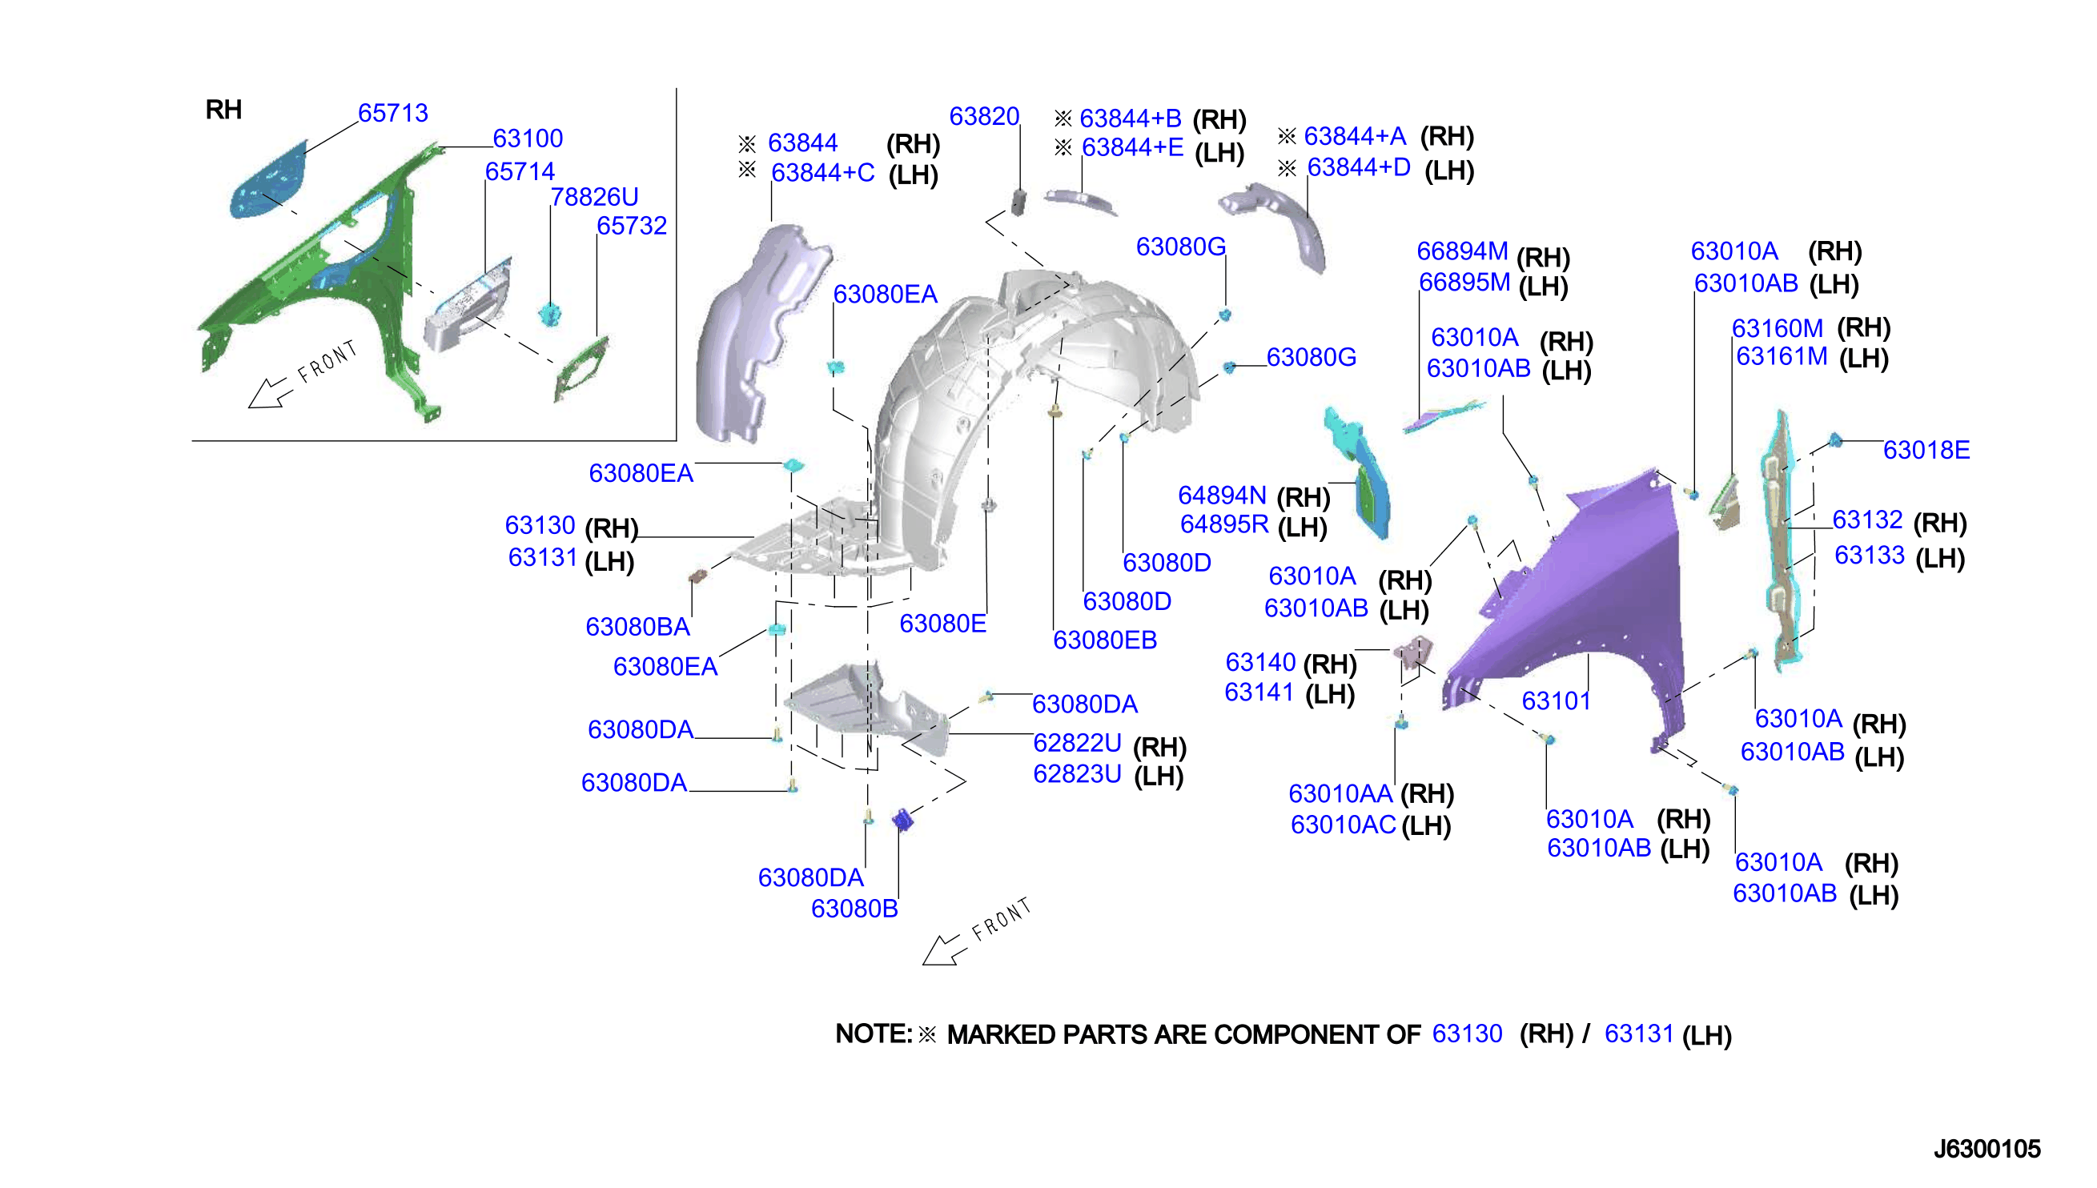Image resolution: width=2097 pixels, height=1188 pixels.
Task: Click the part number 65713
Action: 392,113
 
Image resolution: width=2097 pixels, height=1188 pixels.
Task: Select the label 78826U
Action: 594,197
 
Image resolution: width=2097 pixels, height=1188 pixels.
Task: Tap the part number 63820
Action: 984,116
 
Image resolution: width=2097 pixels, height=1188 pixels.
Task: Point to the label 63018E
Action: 1926,450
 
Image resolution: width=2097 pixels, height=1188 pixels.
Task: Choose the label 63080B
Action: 854,908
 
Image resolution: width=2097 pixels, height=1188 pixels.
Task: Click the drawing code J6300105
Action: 1987,1149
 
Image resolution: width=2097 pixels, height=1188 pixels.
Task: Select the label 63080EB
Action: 1105,640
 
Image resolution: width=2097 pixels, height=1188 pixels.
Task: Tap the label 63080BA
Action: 638,627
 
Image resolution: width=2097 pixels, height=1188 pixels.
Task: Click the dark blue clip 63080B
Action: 902,819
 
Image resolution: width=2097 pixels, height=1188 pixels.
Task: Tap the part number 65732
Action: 632,225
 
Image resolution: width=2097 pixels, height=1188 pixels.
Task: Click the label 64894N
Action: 1222,495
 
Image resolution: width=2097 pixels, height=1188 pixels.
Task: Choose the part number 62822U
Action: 1077,743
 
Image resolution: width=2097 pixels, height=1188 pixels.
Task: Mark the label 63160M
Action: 1778,328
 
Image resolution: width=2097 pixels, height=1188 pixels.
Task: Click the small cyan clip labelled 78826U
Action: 552,313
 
